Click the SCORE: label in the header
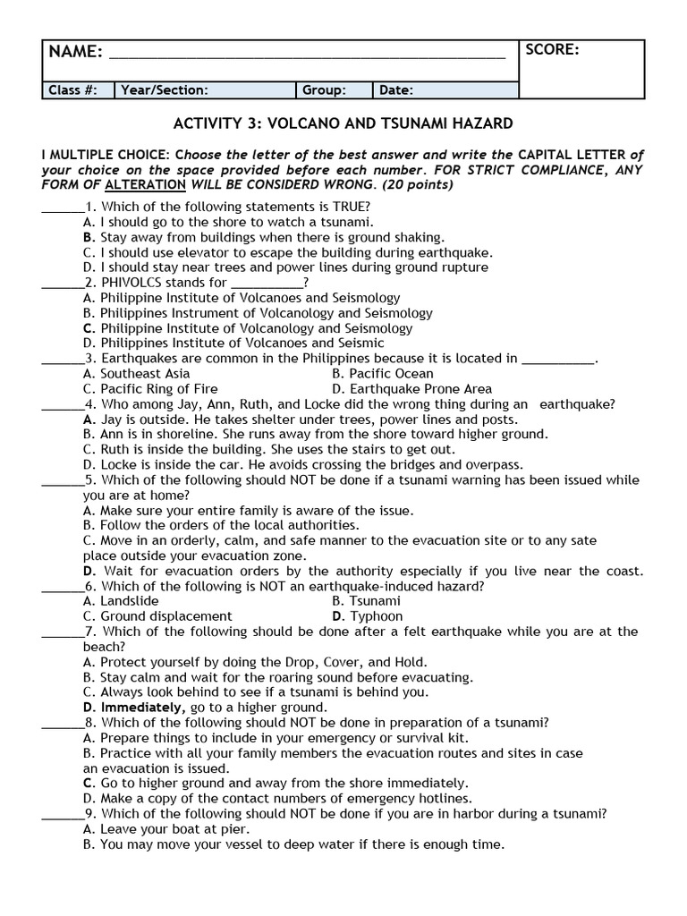[552, 50]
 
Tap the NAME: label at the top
[75, 52]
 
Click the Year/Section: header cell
[165, 90]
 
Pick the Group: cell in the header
[324, 90]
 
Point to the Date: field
[396, 90]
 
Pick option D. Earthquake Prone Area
[411, 389]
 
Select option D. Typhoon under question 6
[367, 616]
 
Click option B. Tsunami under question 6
[366, 601]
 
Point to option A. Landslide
[121, 601]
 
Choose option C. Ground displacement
[157, 616]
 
